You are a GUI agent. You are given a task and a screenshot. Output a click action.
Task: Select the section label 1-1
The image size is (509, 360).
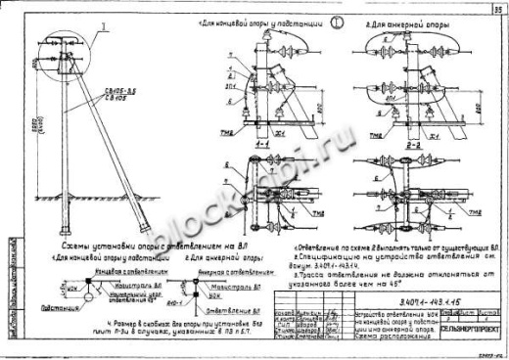[260, 142]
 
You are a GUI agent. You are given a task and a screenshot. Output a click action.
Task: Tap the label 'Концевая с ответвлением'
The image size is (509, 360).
[105, 270]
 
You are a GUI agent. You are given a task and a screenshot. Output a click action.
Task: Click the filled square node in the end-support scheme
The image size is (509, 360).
[86, 284]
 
